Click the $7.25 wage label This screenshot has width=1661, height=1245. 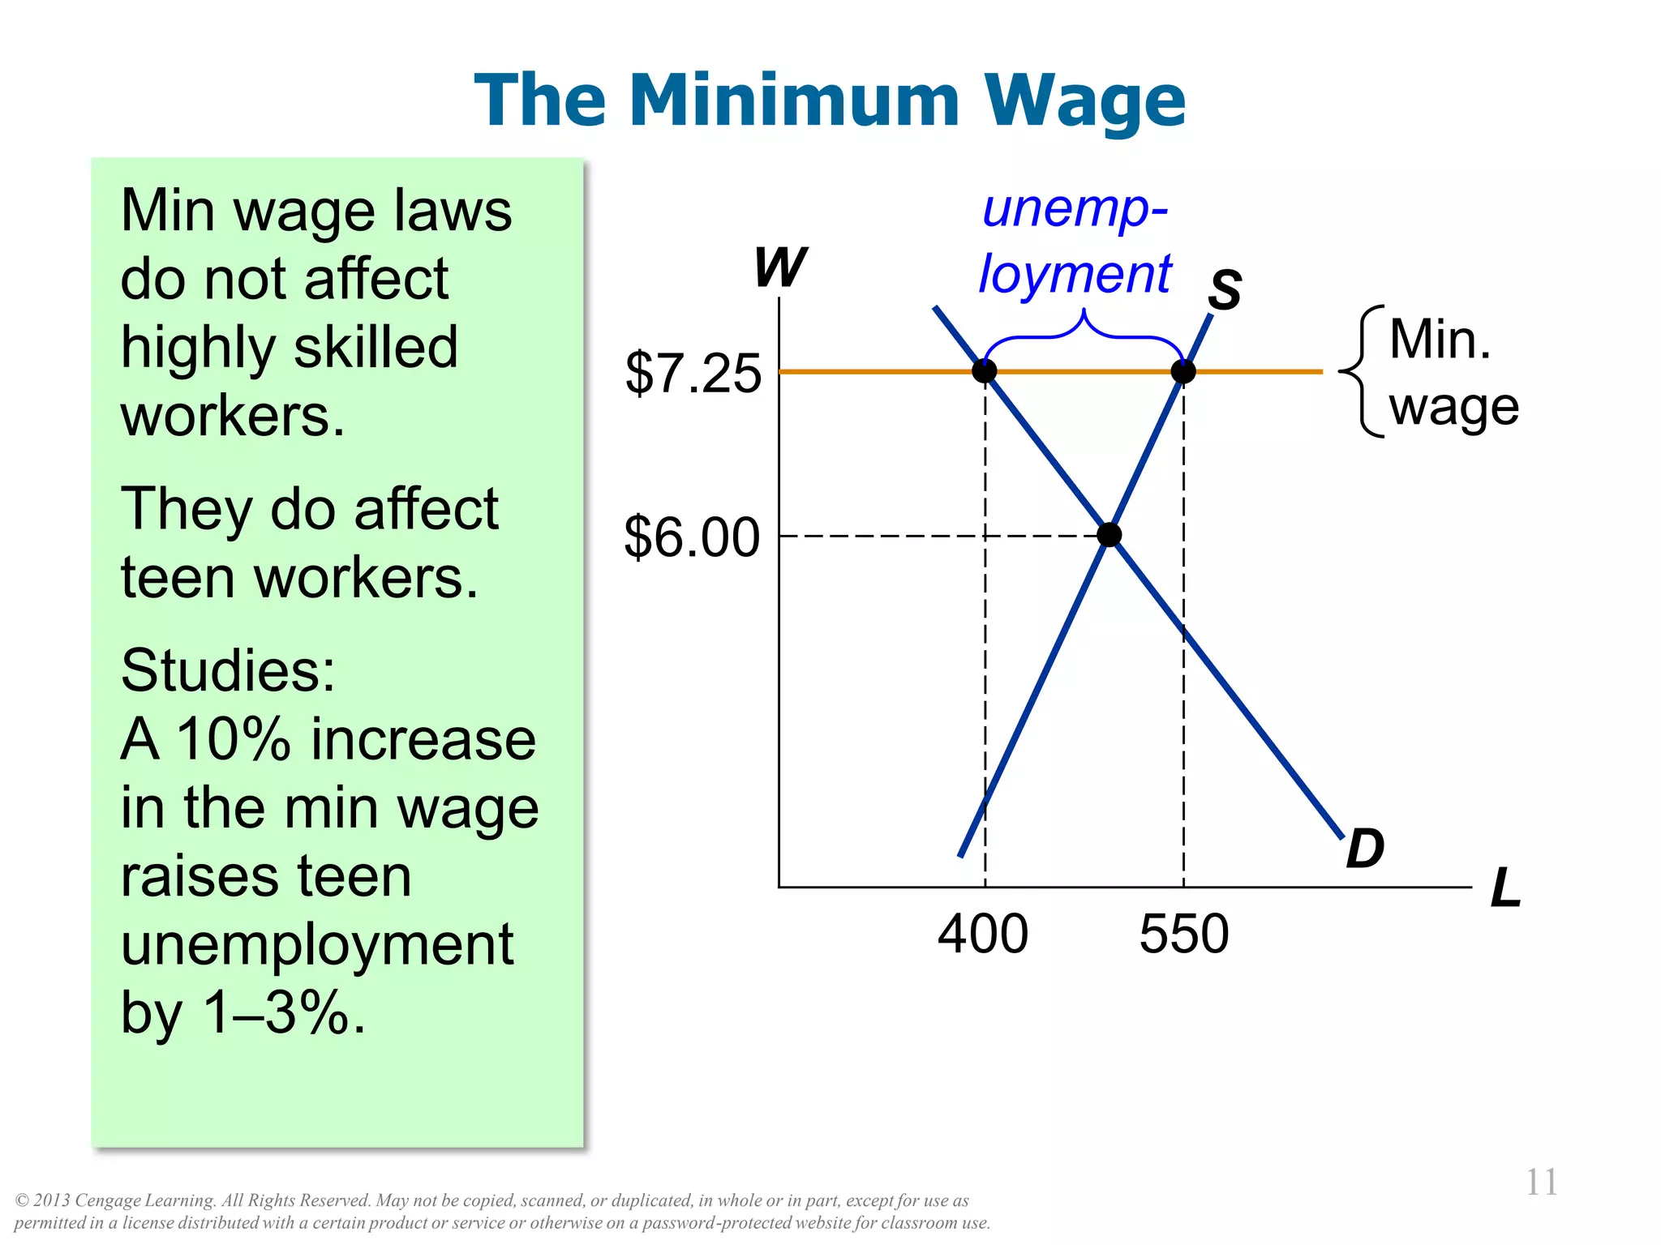coord(693,374)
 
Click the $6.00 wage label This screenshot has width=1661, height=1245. coord(692,537)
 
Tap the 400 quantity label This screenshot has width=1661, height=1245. coord(983,934)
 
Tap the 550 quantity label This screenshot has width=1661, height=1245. coord(1184,934)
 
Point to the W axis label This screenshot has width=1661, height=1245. coord(780,267)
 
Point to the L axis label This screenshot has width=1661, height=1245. coord(1505,888)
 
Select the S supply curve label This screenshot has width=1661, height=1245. coord(1225,289)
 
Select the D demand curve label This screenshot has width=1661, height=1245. coord(1365,849)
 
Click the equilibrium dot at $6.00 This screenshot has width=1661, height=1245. coord(1109,535)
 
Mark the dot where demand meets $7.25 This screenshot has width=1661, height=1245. coord(985,371)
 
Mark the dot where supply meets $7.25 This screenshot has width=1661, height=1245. coord(1183,371)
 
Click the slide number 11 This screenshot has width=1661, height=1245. coord(1541,1183)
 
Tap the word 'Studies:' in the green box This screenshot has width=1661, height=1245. coord(228,670)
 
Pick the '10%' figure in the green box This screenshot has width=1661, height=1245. coord(234,739)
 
